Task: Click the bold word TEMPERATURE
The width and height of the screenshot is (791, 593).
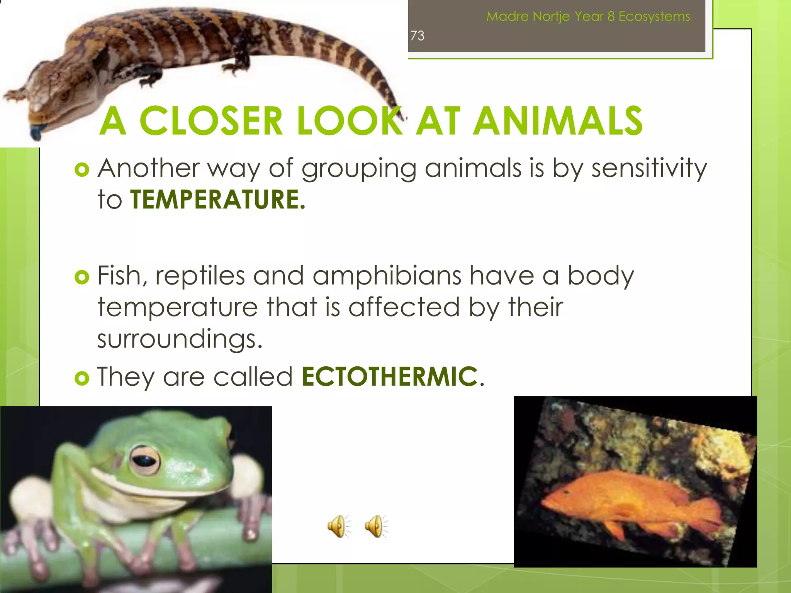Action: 217,200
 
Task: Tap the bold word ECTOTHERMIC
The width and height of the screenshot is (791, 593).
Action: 389,376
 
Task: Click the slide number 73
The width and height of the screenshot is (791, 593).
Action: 417,36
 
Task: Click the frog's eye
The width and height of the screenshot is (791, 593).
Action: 144,460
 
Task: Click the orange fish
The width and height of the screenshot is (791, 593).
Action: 626,502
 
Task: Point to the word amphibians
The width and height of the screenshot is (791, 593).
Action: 387,276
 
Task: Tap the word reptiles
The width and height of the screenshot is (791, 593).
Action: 200,276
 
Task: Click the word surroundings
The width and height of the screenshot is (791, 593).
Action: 179,339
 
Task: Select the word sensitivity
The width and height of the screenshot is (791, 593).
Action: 649,169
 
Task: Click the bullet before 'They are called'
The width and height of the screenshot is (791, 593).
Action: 82,378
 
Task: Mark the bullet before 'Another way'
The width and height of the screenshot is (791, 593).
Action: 82,169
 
